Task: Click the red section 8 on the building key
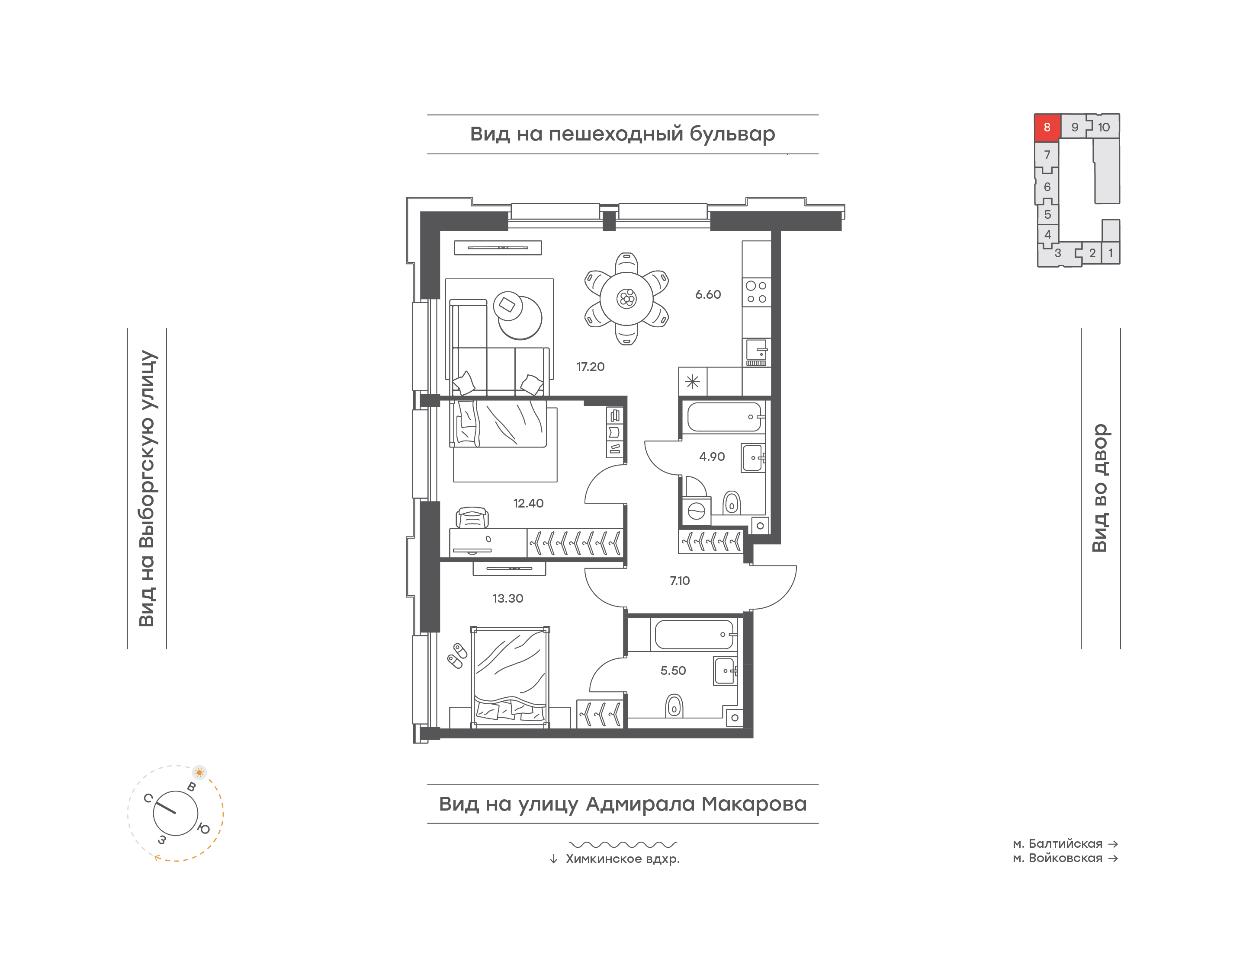click(1047, 127)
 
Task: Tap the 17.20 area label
click(590, 367)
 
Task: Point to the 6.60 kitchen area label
click(708, 294)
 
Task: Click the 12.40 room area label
click(528, 503)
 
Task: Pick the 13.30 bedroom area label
click(507, 598)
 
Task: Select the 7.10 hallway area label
click(680, 581)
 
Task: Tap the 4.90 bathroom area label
click(712, 457)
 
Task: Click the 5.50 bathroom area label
click(673, 670)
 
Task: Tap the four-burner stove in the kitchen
click(756, 292)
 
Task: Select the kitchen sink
click(756, 352)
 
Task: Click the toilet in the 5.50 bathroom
click(674, 706)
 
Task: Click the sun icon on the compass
click(199, 772)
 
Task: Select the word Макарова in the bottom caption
click(755, 804)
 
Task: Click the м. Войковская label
click(1057, 858)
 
